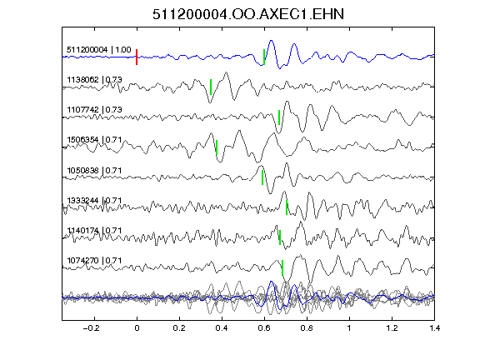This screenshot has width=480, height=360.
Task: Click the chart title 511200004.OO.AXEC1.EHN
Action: (x=248, y=14)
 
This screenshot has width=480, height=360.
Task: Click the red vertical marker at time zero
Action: (x=137, y=57)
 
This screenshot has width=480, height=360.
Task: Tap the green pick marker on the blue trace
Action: (x=264, y=57)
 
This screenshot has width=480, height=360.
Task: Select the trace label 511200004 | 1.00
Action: (x=99, y=50)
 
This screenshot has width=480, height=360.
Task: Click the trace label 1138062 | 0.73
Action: (x=95, y=80)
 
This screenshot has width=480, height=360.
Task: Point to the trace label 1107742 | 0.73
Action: (x=95, y=110)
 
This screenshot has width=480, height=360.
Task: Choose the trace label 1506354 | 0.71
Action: (x=95, y=140)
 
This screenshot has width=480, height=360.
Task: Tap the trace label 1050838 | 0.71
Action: (x=95, y=170)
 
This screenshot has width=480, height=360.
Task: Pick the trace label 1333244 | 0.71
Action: (x=95, y=201)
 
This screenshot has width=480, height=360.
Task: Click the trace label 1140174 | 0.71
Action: (x=95, y=230)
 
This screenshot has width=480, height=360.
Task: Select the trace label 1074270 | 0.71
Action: (x=95, y=261)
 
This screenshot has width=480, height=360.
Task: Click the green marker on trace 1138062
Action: (x=211, y=87)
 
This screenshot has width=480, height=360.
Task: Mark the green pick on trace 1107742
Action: (x=279, y=117)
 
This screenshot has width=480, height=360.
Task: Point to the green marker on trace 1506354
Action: (x=217, y=147)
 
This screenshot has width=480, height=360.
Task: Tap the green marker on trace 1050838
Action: (x=262, y=177)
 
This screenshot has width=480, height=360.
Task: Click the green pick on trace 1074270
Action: (x=282, y=267)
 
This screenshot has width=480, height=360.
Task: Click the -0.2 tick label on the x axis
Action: (x=91, y=328)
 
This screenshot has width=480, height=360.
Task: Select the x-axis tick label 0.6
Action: (x=264, y=328)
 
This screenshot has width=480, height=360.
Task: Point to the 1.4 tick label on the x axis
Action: (x=434, y=328)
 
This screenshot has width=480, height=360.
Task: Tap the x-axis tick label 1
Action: (x=349, y=328)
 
